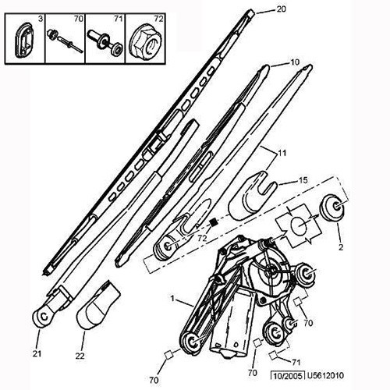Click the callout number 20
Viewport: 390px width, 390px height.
coord(281,9)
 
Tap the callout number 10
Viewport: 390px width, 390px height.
coord(295,62)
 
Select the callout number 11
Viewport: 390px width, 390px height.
coord(282,153)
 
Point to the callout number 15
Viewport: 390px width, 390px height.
coord(303,180)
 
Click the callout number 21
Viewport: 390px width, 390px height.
coord(37,353)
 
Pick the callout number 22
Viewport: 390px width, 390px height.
coord(80,356)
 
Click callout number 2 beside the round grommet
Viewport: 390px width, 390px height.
coord(341,247)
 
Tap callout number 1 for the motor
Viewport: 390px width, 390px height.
coord(172,298)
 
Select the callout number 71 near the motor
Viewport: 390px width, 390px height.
coord(296,362)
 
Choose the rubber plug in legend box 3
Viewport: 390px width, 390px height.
coord(24,41)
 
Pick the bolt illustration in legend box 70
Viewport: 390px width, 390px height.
coord(65,41)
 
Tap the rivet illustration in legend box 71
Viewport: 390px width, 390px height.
coord(105,42)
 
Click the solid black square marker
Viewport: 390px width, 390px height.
coord(213,222)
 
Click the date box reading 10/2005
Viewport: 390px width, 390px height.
coord(288,376)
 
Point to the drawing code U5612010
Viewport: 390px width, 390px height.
coord(325,375)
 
